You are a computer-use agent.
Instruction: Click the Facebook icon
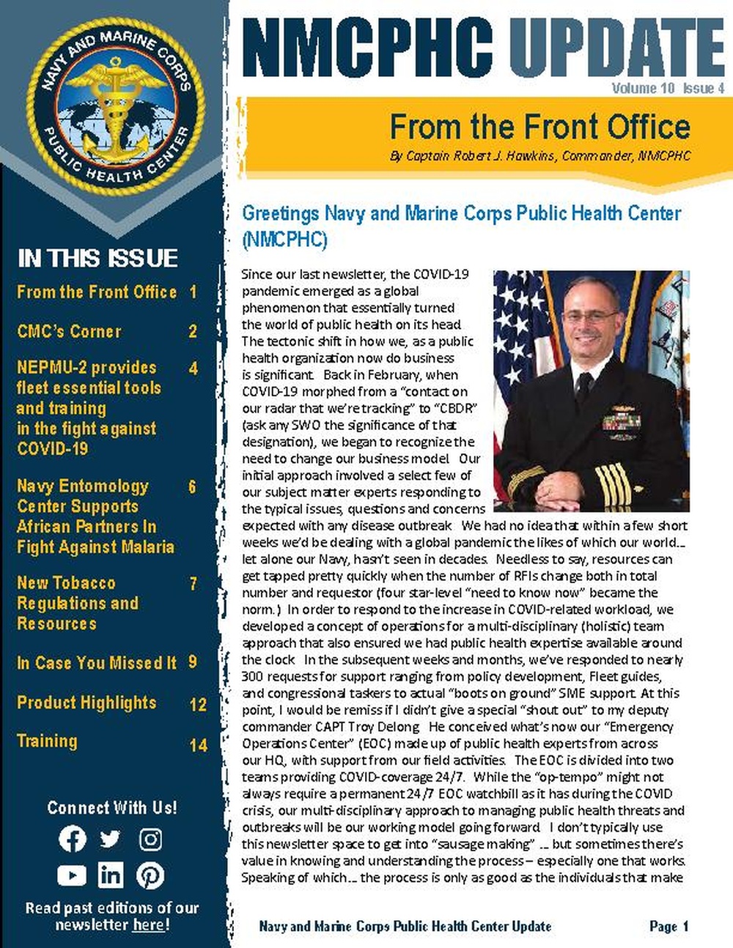[x=72, y=839]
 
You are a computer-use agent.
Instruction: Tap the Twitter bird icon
[x=111, y=839]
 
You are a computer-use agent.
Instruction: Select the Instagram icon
[x=150, y=839]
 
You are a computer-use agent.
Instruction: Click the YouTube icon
[x=72, y=875]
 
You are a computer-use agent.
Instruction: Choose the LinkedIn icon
[x=111, y=875]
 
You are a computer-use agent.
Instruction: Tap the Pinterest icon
[x=150, y=875]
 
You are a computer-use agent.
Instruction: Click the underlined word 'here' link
[x=148, y=925]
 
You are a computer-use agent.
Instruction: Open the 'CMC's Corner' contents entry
[x=70, y=331]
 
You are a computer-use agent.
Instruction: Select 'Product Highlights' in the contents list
[x=86, y=703]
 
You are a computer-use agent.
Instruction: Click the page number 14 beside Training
[x=198, y=745]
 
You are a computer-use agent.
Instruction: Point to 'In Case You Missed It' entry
[x=96, y=663]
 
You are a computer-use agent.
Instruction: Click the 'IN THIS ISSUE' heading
[x=97, y=258]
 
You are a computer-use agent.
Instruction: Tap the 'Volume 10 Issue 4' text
[x=668, y=89]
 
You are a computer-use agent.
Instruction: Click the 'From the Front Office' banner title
[x=539, y=127]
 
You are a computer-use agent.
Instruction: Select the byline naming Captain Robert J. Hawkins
[x=539, y=156]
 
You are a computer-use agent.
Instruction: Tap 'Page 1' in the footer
[x=668, y=926]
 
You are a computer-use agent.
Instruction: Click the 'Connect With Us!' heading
[x=112, y=807]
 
